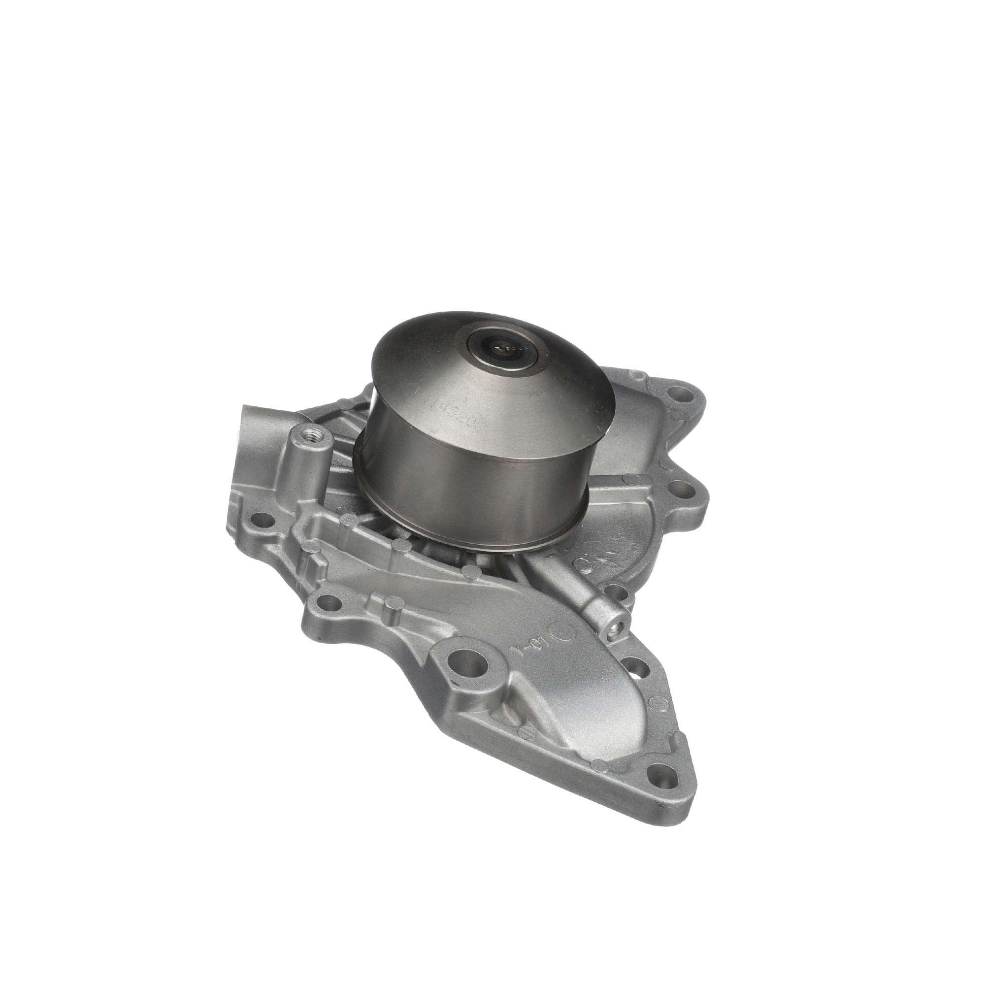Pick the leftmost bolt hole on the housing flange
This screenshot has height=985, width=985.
(x=264, y=521)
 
